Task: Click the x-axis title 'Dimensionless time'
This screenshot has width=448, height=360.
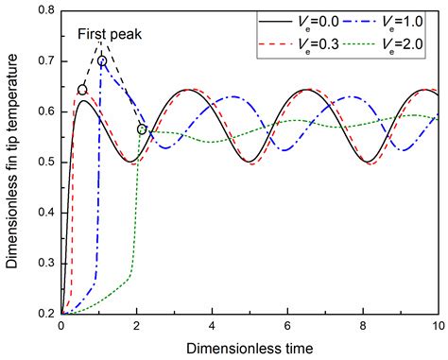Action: coord(250,347)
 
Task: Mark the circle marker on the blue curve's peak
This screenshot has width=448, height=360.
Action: coord(102,61)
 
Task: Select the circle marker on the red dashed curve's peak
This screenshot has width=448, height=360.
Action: coord(82,91)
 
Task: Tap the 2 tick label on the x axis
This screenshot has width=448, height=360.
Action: coord(137,326)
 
